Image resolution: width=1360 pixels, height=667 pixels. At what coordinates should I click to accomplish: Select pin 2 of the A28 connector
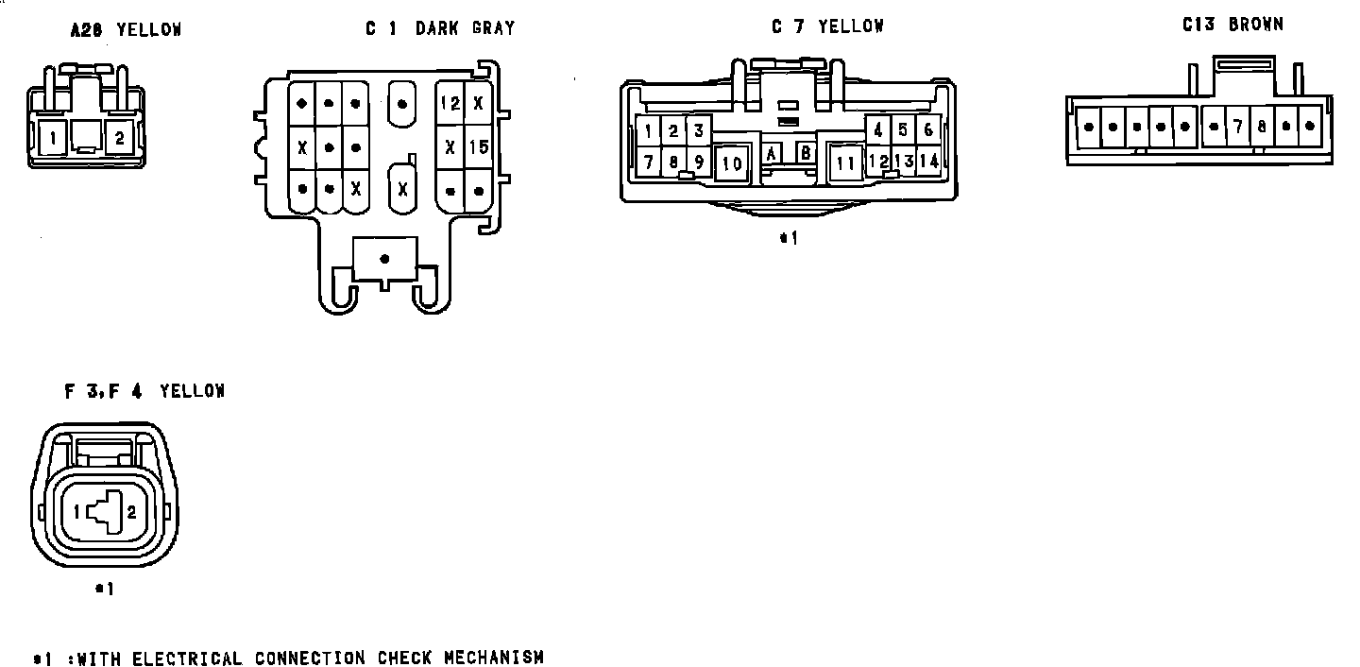(x=119, y=139)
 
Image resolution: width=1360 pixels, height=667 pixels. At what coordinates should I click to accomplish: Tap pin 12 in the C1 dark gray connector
(x=450, y=103)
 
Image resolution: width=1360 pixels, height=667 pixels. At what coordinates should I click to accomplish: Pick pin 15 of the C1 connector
(x=478, y=147)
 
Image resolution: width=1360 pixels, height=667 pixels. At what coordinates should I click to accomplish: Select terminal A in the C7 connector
(x=772, y=153)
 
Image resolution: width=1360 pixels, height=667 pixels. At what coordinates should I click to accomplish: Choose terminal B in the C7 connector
(x=806, y=153)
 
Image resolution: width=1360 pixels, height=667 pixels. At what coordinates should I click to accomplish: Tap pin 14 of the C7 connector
(x=929, y=162)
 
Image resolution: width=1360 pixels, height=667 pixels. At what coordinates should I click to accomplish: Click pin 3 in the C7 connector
(x=698, y=130)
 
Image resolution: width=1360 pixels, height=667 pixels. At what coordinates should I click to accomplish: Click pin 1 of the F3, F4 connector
(x=76, y=512)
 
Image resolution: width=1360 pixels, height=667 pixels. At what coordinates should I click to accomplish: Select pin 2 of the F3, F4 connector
(x=132, y=512)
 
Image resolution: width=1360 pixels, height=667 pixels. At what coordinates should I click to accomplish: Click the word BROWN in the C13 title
(x=1256, y=26)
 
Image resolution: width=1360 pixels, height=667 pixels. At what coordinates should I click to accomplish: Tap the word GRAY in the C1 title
(x=494, y=28)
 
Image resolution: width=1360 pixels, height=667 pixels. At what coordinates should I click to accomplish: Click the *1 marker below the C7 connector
(x=789, y=238)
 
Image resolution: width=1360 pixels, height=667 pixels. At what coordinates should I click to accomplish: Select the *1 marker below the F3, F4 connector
(x=105, y=589)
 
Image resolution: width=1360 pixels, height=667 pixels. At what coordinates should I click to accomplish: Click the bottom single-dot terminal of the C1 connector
(x=384, y=258)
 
